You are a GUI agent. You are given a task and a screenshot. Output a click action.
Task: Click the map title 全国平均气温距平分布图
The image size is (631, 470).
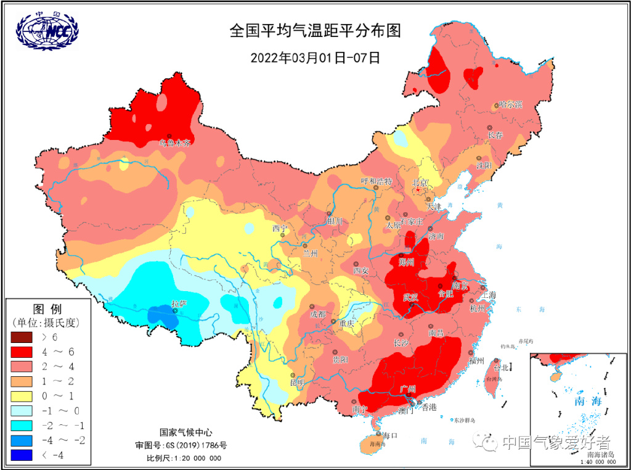coord(315,31)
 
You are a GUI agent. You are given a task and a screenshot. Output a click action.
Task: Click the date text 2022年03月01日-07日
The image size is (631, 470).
coord(315,58)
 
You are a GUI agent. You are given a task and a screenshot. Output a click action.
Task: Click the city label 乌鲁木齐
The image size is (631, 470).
coord(175,143)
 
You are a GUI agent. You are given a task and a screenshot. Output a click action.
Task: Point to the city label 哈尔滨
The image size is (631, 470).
coord(510,105)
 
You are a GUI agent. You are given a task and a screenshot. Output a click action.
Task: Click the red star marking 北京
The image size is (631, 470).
coord(418,191)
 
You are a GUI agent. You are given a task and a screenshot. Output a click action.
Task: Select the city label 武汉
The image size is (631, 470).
coord(412,297)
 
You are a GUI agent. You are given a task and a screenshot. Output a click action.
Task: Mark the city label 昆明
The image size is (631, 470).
coord(297,382)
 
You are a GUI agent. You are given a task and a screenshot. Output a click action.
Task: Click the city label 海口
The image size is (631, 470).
coord(390,435)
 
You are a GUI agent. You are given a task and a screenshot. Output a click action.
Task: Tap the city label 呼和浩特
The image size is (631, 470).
coord(376,181)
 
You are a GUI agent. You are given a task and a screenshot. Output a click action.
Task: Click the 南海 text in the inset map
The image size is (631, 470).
coord(587,401)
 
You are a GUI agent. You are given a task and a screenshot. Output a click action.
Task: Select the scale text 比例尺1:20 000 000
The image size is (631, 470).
coord(183,458)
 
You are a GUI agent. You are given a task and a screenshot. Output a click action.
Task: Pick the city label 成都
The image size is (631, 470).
coord(318,314)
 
